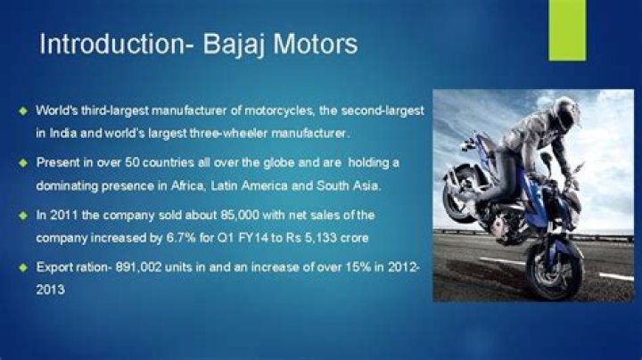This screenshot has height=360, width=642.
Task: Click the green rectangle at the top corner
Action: (567, 29)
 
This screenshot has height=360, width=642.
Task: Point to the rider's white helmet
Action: (565, 111)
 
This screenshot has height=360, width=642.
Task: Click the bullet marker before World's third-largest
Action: (22, 111)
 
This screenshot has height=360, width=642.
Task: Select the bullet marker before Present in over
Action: (22, 164)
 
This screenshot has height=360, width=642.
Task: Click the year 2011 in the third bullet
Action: (61, 216)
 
